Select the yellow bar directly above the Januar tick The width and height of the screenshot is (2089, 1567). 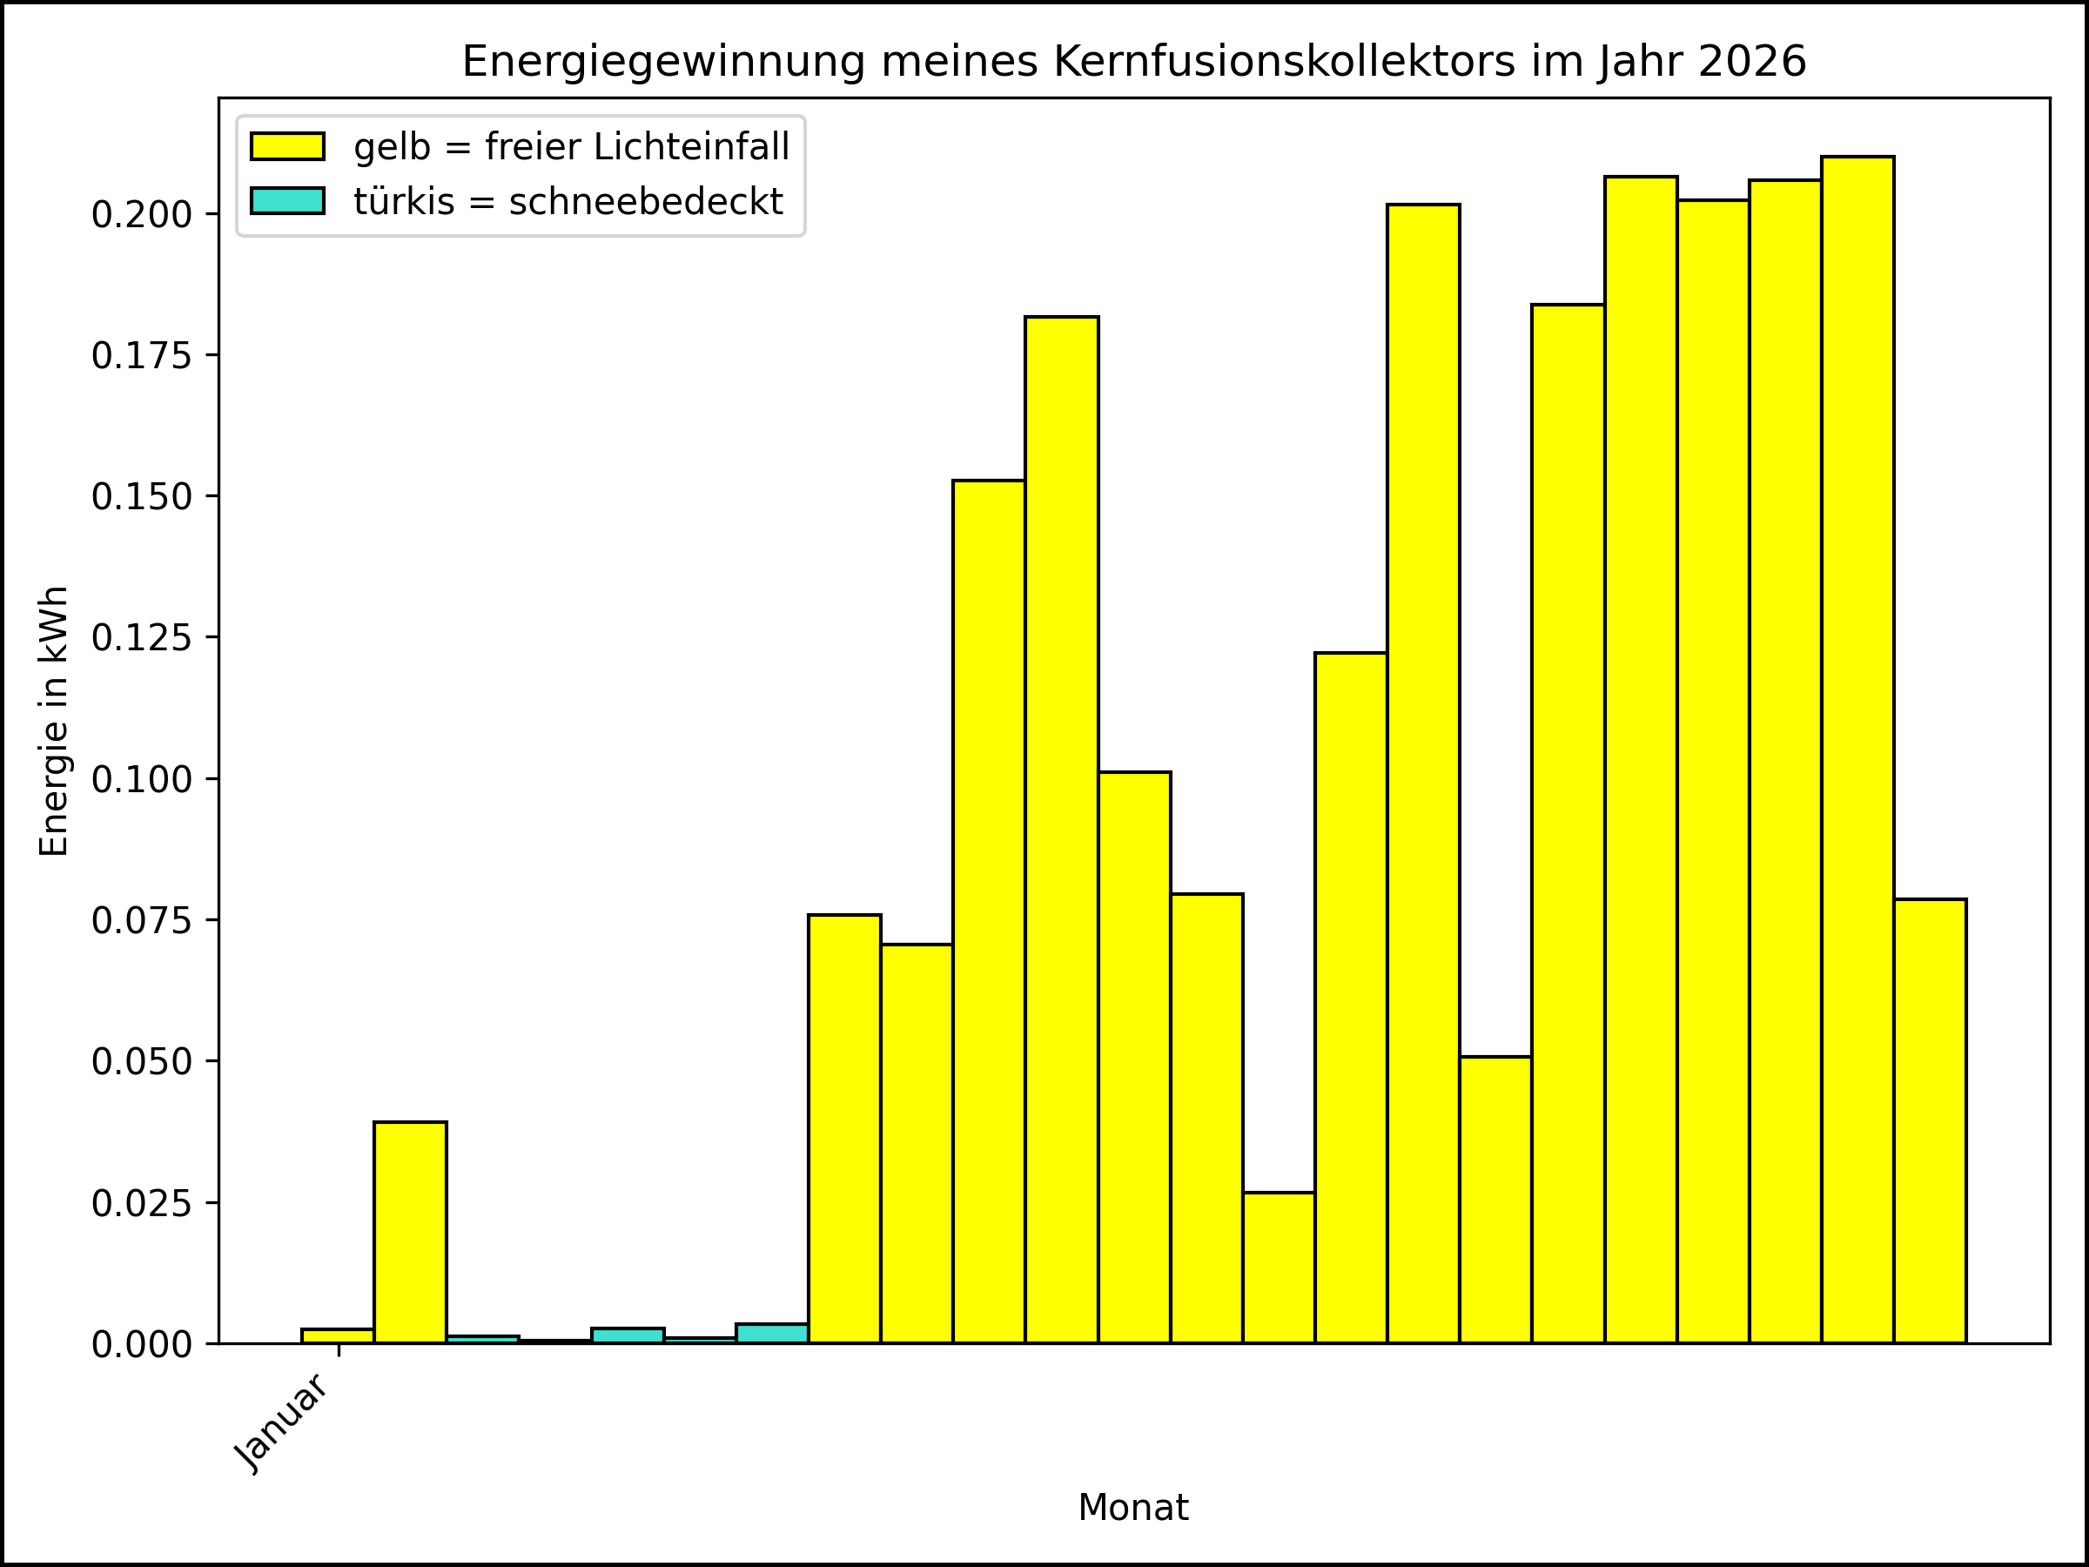tap(337, 1335)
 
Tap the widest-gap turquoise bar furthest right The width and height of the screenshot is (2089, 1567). tap(771, 1333)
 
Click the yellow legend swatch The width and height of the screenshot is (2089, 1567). tap(287, 146)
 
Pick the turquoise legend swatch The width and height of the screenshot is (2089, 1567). tap(287, 201)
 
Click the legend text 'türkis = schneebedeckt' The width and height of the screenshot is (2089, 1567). tap(568, 201)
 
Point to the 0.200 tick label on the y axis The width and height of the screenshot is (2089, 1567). tap(141, 214)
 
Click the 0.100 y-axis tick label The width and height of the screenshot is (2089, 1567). tap(141, 779)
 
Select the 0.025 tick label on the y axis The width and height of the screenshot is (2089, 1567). tap(141, 1203)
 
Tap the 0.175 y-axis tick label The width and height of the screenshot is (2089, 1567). tap(141, 356)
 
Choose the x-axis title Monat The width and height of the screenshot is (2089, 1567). tap(1132, 1508)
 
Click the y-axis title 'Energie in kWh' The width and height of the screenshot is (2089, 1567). tap(54, 722)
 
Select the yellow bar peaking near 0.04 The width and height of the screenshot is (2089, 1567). tap(410, 1232)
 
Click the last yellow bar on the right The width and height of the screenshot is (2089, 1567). tap(1930, 1120)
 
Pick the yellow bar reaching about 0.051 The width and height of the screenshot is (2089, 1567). tap(1495, 1200)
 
